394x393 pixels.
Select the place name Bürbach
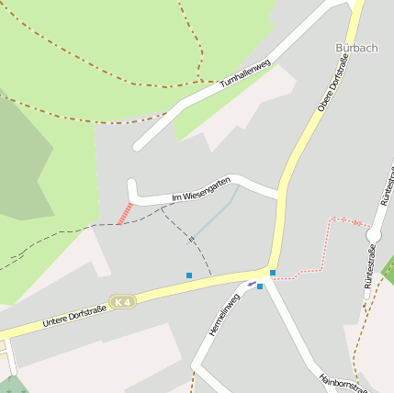click(356, 48)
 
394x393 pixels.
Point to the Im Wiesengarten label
click(200, 190)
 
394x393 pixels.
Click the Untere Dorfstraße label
click(74, 315)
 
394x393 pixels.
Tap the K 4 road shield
click(121, 301)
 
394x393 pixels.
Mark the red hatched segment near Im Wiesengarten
click(125, 213)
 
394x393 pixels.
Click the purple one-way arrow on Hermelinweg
click(252, 283)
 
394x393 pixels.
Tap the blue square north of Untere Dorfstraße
click(189, 275)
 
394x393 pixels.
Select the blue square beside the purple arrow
click(260, 286)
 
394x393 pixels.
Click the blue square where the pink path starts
click(273, 273)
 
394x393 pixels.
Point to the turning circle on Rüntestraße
click(374, 236)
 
